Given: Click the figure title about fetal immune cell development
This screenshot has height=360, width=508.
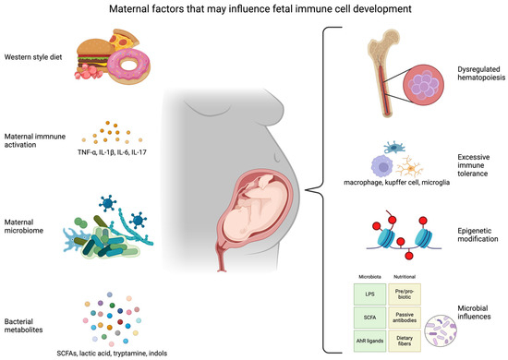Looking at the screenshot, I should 254,10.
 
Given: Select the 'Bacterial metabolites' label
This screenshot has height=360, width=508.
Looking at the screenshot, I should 30,306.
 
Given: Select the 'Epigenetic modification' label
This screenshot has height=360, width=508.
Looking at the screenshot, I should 472,238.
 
